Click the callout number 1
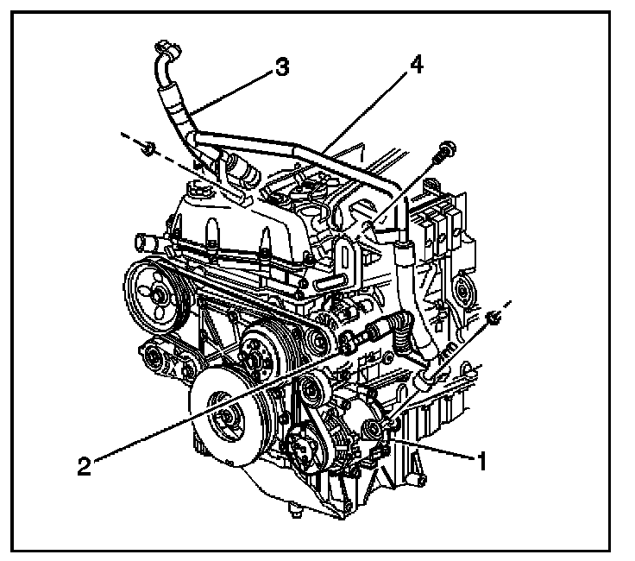[x=481, y=461]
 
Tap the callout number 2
[x=84, y=467]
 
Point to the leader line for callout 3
[x=233, y=90]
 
